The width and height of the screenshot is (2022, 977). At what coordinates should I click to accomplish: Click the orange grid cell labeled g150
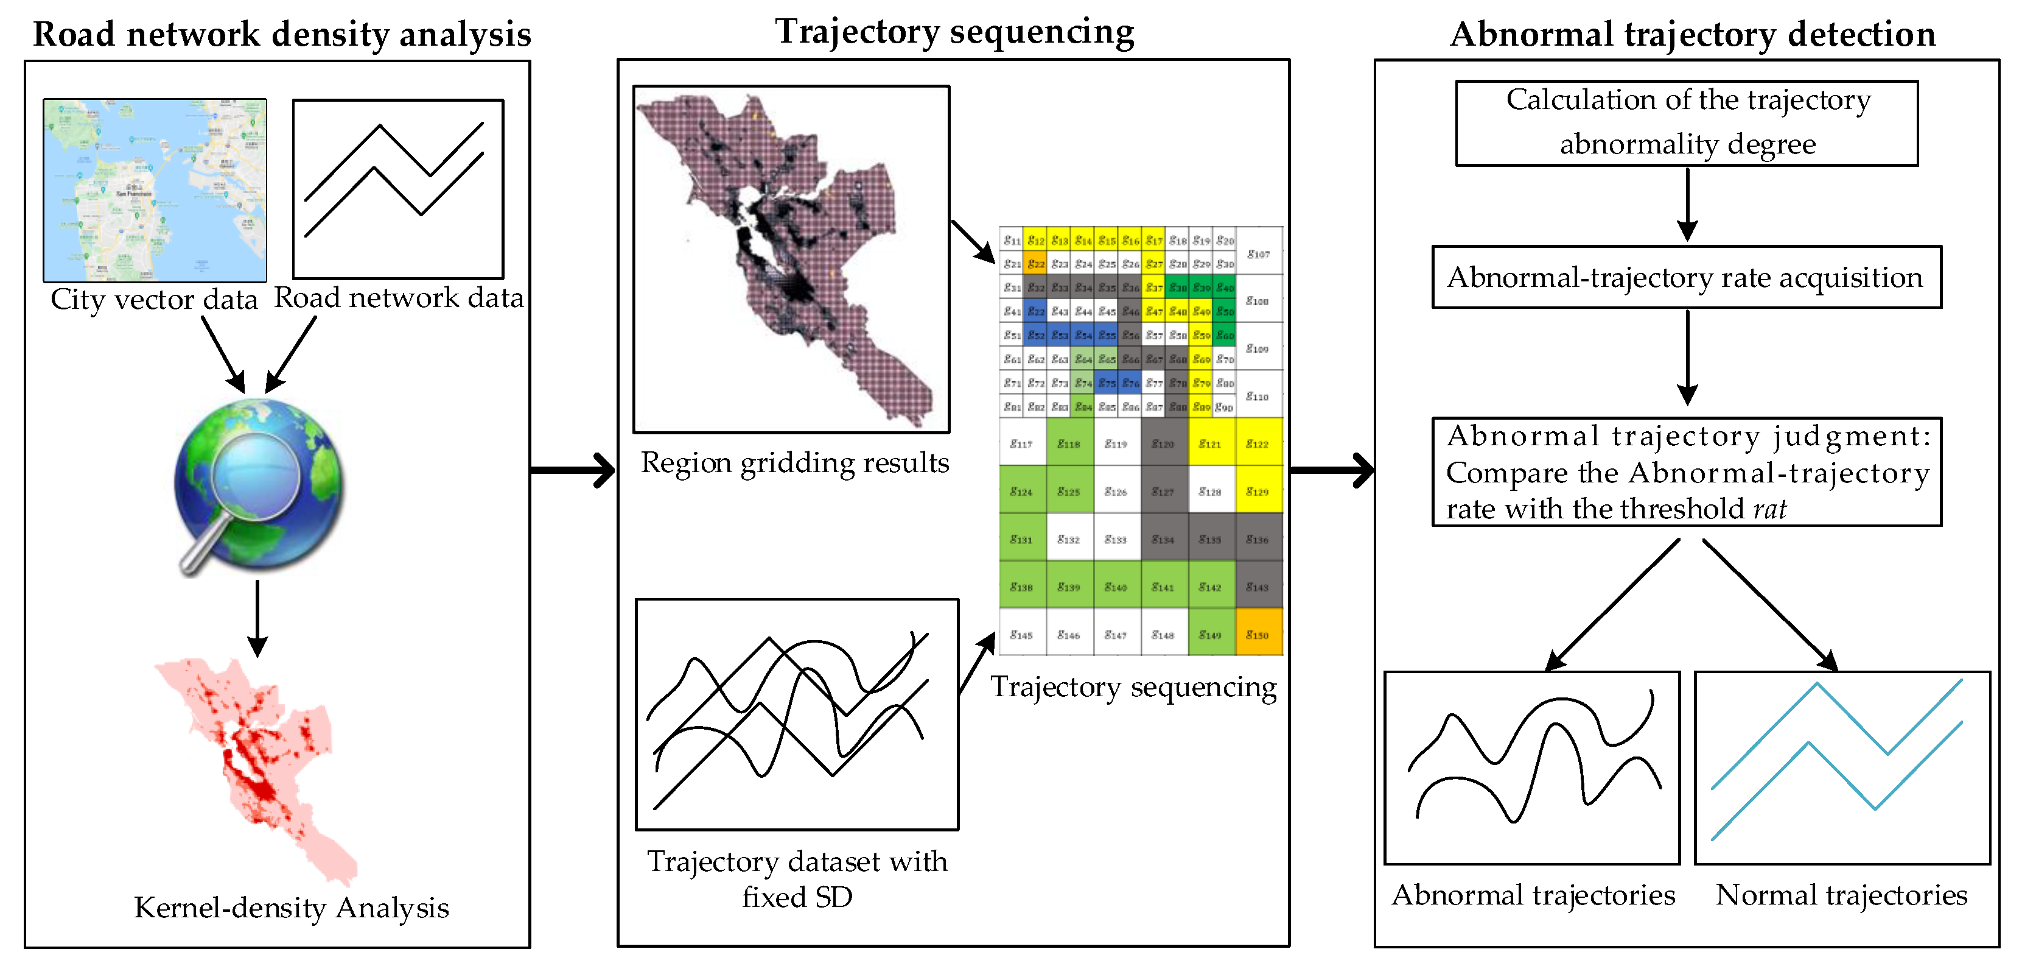coord(1258,633)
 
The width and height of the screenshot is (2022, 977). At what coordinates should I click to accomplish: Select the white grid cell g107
coord(1258,253)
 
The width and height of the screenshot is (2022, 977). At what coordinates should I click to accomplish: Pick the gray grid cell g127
coord(1163,491)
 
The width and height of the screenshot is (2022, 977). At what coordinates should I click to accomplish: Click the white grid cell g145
coord(1021,633)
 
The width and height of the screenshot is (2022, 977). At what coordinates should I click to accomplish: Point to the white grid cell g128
coord(1211,491)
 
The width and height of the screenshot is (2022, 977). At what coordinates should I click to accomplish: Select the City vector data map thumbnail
coord(155,190)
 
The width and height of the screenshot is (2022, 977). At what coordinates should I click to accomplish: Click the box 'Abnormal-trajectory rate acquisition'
coord(1686,277)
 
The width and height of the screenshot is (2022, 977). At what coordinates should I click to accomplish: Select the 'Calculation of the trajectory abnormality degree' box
coord(1686,122)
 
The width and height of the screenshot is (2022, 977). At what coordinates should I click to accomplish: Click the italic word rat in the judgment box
coord(1769,509)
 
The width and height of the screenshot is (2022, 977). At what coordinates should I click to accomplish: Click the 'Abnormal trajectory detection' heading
coord(1692,35)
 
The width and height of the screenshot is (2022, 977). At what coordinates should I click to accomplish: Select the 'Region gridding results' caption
coord(794,462)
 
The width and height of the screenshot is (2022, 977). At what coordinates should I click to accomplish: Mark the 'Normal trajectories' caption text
coord(1841,895)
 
